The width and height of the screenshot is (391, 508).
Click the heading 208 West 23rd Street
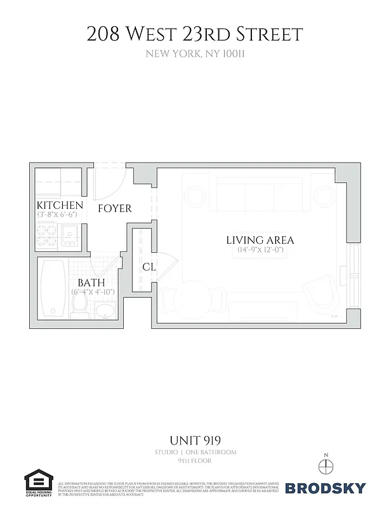195,34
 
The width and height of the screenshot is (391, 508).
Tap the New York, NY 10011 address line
195,54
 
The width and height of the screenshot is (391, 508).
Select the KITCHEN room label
60,205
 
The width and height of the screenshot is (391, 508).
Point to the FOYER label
114,208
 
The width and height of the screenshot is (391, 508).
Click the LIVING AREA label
260,240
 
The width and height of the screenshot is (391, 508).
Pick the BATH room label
91,283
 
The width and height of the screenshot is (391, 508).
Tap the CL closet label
149,267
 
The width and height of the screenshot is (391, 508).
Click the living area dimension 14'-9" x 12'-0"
260,250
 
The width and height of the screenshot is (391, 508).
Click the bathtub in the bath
51,290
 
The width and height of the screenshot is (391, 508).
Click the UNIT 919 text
195,440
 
